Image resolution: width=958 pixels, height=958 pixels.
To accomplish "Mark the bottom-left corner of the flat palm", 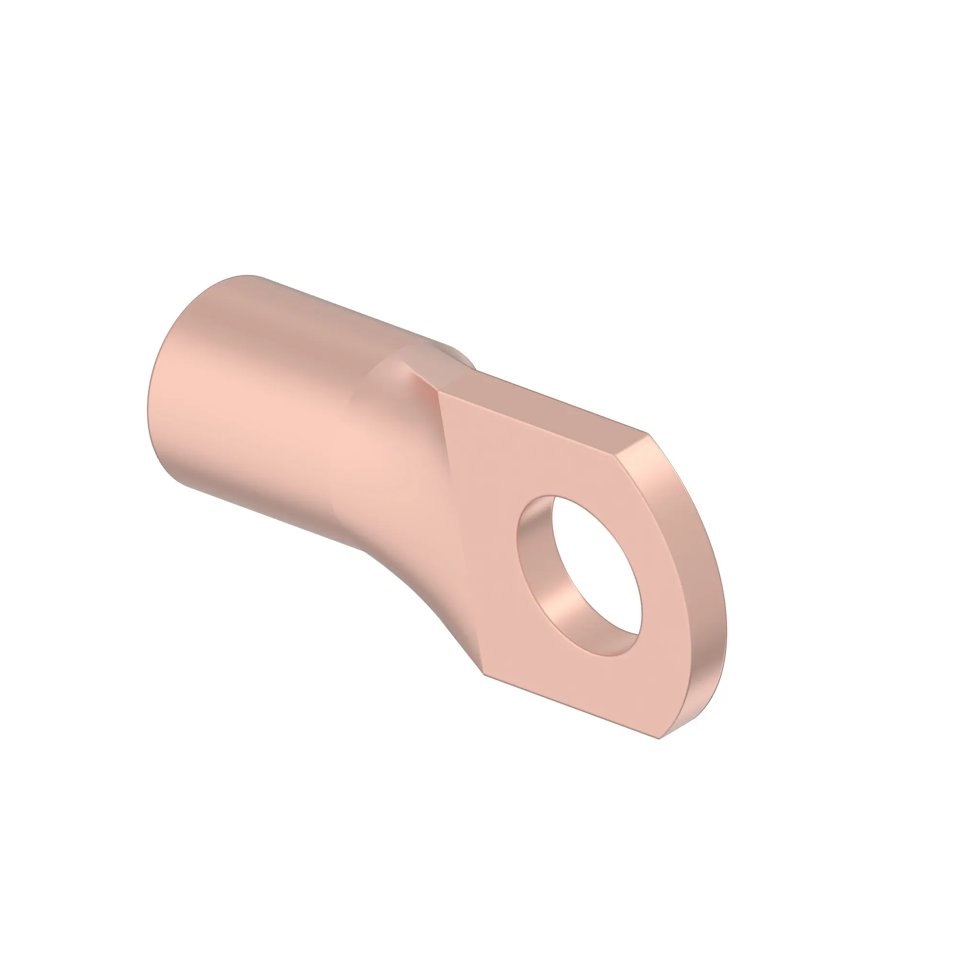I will [484, 674].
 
